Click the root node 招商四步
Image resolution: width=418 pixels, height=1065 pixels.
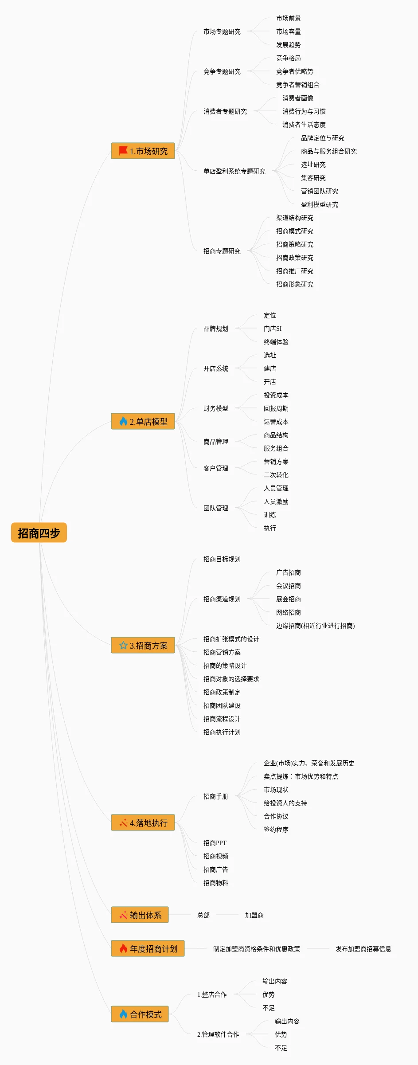click(39, 532)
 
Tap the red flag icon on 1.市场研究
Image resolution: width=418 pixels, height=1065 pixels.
click(123, 151)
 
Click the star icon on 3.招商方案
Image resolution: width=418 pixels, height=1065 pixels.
click(123, 645)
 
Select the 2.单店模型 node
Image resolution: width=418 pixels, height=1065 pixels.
click(143, 421)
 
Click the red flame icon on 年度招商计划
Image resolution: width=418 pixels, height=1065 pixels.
click(123, 948)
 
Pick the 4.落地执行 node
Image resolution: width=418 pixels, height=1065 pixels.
click(143, 822)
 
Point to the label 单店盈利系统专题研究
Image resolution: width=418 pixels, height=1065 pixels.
click(234, 171)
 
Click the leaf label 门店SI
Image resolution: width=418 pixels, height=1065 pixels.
click(272, 329)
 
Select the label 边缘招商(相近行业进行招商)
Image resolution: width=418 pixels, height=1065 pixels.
click(315, 626)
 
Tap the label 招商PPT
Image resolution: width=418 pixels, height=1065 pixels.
click(215, 843)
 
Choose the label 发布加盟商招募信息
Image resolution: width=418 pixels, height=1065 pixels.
click(363, 949)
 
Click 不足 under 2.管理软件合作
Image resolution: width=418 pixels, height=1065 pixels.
click(281, 1048)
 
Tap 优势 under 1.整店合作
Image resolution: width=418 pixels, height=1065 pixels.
click(268, 995)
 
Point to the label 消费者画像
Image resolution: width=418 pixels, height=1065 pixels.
click(297, 98)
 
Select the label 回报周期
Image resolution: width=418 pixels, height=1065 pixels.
click(276, 408)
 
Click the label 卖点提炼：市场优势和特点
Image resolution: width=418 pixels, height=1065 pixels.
click(301, 776)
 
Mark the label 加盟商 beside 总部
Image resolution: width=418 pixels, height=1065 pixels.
click(254, 915)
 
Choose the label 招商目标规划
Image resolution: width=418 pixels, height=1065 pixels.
click(222, 559)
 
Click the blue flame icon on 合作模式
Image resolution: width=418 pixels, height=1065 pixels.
click(123, 1014)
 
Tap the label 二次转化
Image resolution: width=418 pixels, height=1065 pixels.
click(276, 475)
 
